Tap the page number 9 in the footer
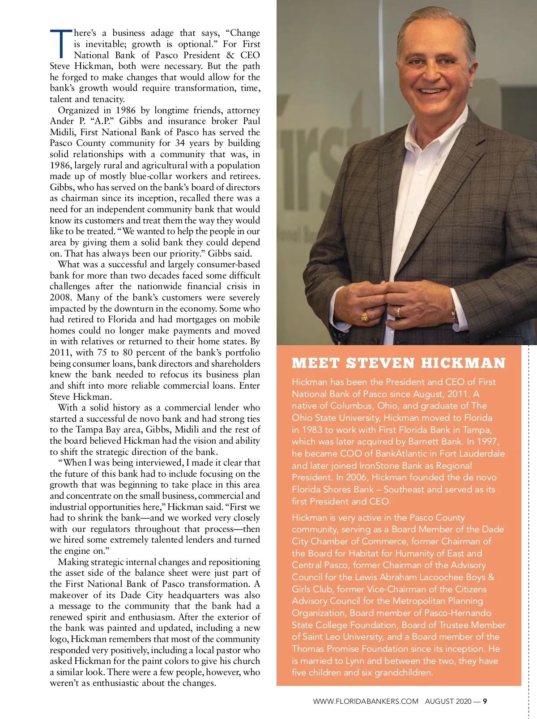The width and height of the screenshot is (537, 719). (x=485, y=701)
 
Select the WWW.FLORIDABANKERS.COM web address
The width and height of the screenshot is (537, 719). (x=366, y=701)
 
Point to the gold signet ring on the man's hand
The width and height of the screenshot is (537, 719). (x=365, y=317)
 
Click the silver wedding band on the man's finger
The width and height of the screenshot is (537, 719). (x=398, y=311)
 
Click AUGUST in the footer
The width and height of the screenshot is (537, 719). (x=439, y=701)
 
